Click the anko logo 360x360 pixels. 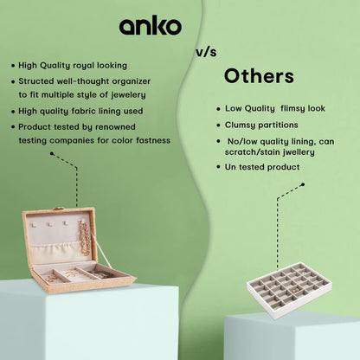click(x=151, y=25)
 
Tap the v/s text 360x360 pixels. click(x=206, y=52)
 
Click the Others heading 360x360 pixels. click(x=259, y=76)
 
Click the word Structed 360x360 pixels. click(x=35, y=81)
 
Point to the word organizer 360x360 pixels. click(x=132, y=82)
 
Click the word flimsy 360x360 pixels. click(x=292, y=109)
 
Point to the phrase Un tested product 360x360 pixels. click(x=262, y=167)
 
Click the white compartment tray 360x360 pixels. click(x=289, y=290)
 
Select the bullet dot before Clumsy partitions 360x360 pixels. click(x=218, y=125)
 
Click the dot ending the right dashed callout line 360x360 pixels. click(x=303, y=184)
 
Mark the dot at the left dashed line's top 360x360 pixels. click(x=52, y=154)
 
